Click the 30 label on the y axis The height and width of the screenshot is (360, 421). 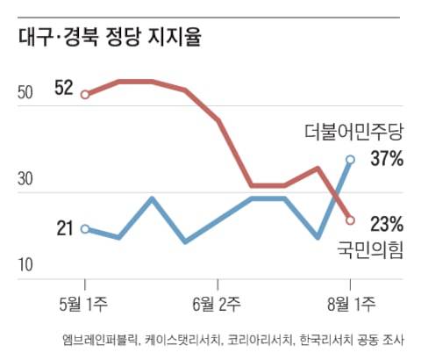[x=27, y=179]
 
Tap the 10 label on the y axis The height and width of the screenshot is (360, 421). [x=27, y=265]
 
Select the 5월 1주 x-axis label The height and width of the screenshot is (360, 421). [x=84, y=305]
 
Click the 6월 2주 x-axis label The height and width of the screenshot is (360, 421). [x=218, y=305]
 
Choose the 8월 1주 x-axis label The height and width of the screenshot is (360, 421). [x=350, y=305]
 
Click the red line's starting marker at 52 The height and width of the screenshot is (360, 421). [x=85, y=94]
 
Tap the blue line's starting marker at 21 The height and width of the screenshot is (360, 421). [x=85, y=229]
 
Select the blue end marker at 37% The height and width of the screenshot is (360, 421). [x=350, y=160]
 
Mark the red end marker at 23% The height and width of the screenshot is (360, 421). [x=350, y=220]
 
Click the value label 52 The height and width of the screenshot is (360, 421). [x=63, y=88]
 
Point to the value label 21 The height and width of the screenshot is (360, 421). [x=64, y=229]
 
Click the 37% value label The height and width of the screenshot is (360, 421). [x=386, y=160]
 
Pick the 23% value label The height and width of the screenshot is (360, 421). [x=386, y=223]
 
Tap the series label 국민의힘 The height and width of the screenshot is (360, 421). [x=369, y=251]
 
